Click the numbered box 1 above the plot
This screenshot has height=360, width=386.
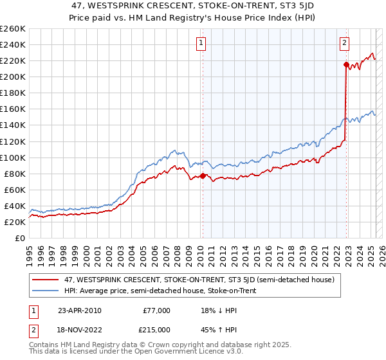click(201, 43)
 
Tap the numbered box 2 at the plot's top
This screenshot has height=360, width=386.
click(345, 43)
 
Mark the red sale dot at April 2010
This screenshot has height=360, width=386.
click(203, 175)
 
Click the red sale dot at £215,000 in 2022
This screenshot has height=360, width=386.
click(346, 64)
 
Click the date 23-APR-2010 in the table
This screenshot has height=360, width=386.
click(79, 310)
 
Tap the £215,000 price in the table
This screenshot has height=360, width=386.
click(155, 330)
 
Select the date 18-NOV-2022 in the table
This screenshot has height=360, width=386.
click(80, 330)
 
